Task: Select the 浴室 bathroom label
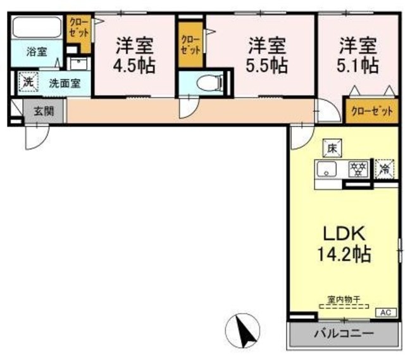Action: click(x=36, y=52)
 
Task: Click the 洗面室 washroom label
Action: click(x=65, y=83)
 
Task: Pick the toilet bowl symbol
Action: click(x=208, y=82)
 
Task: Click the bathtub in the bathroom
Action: click(x=36, y=28)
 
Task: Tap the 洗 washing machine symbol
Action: click(x=28, y=82)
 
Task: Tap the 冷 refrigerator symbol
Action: click(x=383, y=169)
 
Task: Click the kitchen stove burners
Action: click(x=359, y=169)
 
